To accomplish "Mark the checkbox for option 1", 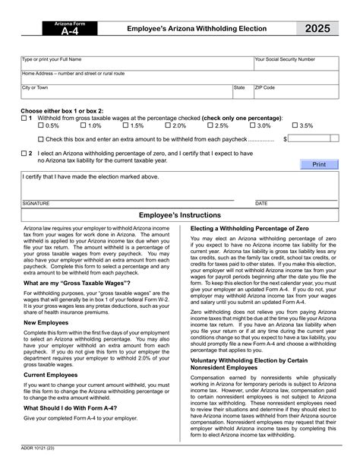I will [23, 119].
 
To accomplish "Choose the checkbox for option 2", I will [23, 153].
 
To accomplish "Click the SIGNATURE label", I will [36, 204].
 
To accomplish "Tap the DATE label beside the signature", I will [261, 204].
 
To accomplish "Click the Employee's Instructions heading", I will [180, 216].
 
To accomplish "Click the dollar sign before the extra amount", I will [286, 139].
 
